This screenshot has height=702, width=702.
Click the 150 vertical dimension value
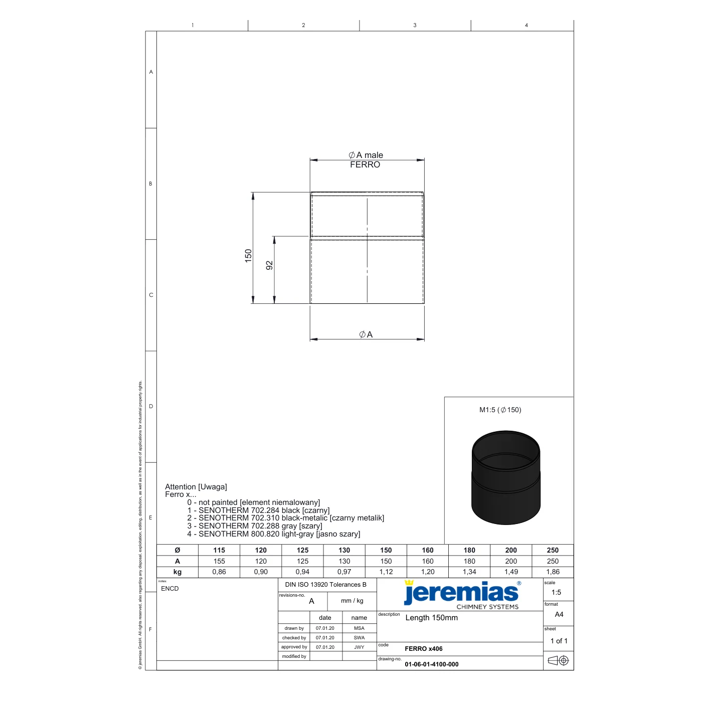(x=248, y=256)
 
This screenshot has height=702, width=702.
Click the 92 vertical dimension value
(x=269, y=265)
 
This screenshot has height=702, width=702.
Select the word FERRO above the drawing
(x=365, y=164)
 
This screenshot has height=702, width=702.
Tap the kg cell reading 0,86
(x=219, y=572)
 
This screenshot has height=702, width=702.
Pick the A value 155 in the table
(x=219, y=561)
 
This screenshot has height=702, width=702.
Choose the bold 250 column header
(x=553, y=550)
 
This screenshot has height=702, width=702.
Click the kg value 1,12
(x=386, y=572)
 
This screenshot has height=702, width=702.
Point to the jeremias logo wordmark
(x=461, y=593)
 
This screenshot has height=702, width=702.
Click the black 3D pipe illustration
(x=506, y=477)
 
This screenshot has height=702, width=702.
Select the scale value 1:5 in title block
(x=556, y=592)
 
